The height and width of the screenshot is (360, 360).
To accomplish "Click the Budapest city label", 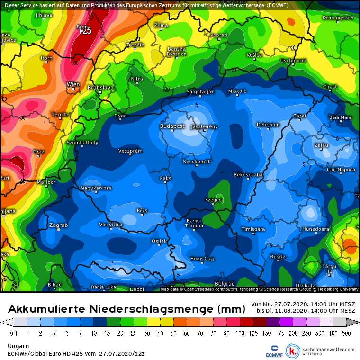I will coord(172,126).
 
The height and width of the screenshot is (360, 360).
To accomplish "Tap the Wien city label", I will coord(73,84).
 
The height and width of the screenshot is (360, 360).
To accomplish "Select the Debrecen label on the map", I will coord(268,125).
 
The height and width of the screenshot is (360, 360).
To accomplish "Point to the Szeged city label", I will coord(214,200).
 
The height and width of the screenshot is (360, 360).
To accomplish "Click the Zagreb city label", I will coord(58,225).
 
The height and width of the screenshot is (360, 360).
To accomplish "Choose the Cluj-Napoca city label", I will coord(341,169).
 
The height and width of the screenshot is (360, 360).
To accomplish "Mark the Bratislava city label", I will coord(101,88).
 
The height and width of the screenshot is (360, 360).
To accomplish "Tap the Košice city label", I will coord(254,55).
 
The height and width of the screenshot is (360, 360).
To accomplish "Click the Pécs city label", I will coord(142,210).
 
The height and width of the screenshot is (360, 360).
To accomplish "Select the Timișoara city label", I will coord(253,229).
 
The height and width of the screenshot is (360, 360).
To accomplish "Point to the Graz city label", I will coord(38,152).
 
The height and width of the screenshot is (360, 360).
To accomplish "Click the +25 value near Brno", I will coord(85,31).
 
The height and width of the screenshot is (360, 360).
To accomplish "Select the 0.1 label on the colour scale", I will coord(14,333).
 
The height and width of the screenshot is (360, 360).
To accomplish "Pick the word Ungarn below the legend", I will coord(18,346).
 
